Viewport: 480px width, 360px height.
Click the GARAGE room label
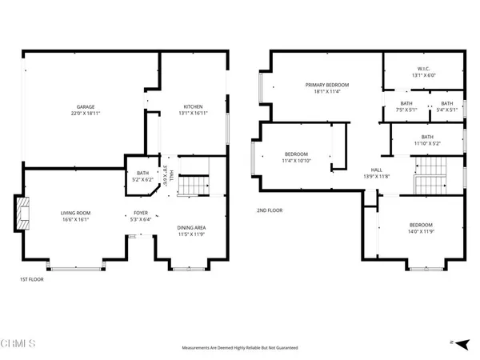pyautogui.click(x=87, y=106)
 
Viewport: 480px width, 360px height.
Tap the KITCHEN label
pyautogui.click(x=193, y=106)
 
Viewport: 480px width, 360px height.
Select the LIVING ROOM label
pyautogui.click(x=78, y=212)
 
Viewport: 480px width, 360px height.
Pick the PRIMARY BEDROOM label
pyautogui.click(x=324, y=84)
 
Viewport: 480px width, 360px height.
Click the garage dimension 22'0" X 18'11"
pyautogui.click(x=87, y=114)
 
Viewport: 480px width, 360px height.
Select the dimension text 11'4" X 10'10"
pyautogui.click(x=296, y=162)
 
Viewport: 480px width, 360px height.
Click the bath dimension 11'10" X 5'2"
pyautogui.click(x=426, y=143)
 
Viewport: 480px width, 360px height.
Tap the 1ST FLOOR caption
pyautogui.click(x=31, y=279)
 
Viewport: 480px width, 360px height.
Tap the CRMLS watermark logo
pyautogui.click(x=19, y=344)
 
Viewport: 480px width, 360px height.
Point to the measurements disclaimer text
pyautogui.click(x=239, y=348)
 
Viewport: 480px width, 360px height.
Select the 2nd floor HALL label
pyautogui.click(x=374, y=170)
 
